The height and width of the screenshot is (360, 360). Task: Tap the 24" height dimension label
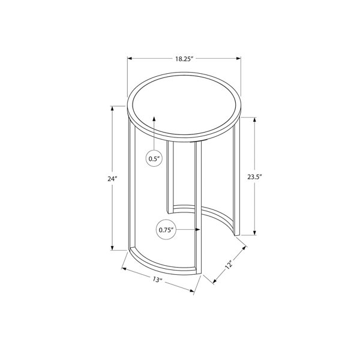pyautogui.click(x=112, y=178)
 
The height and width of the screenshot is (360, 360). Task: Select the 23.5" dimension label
pyautogui.click(x=254, y=177)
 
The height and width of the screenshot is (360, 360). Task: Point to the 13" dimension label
pyautogui.click(x=157, y=280)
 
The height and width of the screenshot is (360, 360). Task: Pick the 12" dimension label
pyautogui.click(x=229, y=265)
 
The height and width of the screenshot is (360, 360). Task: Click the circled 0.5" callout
pyautogui.click(x=154, y=158)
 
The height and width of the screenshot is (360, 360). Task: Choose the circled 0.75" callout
pyautogui.click(x=166, y=230)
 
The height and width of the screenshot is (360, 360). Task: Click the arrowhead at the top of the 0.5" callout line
pyautogui.click(x=154, y=119)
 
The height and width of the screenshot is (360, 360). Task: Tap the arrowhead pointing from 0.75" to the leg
pyautogui.click(x=197, y=230)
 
